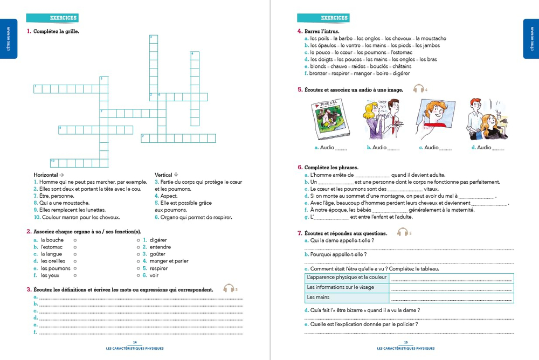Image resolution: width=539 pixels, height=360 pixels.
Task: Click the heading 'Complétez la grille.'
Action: [x=56, y=32]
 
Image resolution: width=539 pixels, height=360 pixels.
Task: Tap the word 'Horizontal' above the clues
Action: [x=46, y=175]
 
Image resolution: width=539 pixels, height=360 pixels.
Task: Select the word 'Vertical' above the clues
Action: [x=163, y=175]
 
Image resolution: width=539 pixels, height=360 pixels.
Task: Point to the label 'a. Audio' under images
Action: [x=324, y=148]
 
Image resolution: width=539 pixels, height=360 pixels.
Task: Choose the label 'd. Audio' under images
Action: [x=481, y=148]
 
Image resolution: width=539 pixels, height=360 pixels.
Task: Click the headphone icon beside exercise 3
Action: [x=229, y=289]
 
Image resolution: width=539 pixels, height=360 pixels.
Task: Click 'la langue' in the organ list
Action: [x=51, y=254]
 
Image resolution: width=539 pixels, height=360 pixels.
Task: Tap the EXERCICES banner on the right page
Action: [x=334, y=18]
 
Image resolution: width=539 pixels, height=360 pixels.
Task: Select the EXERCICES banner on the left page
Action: [x=63, y=18]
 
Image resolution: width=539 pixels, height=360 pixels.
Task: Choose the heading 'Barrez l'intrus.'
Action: [x=322, y=32]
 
